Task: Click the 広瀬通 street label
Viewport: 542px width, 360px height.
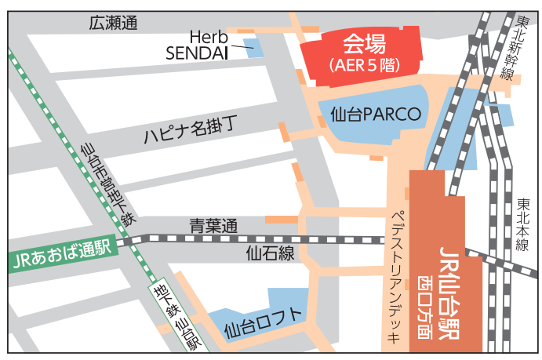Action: pos(114,23)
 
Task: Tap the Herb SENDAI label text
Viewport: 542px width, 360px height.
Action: pos(198,45)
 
